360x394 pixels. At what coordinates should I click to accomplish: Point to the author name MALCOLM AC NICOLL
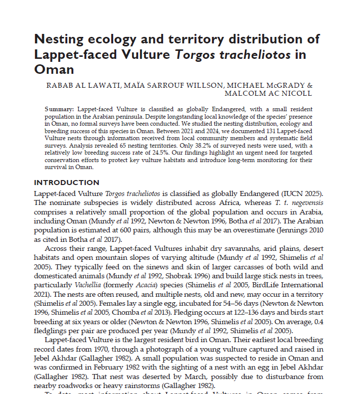click(x=268, y=93)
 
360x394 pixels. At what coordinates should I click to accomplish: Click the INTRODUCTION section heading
click(x=66, y=183)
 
